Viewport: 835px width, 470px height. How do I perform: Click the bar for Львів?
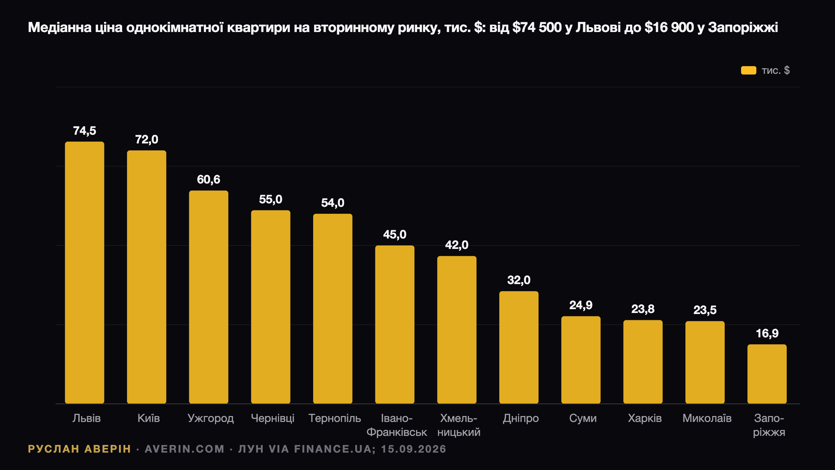85,273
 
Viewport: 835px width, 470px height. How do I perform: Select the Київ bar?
146,277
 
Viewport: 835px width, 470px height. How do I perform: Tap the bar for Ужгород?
209,297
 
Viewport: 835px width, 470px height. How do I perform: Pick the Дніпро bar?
519,347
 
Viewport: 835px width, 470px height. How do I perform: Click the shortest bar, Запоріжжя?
767,374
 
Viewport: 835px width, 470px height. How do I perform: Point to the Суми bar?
581,360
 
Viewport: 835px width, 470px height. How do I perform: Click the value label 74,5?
85,131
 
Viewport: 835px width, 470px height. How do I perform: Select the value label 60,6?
209,180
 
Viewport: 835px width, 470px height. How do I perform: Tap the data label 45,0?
395,235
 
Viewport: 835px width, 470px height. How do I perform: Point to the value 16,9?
767,334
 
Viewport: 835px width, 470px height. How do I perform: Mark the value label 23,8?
643,309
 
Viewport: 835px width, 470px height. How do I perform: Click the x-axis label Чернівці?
273,418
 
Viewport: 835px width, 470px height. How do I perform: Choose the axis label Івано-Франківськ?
397,425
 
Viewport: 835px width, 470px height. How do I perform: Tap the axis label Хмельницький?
459,425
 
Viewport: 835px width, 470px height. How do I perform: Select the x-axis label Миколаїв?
707,418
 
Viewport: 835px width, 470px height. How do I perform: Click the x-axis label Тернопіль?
335,418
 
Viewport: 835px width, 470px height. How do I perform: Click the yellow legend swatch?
749,70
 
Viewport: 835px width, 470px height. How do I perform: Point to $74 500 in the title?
537,28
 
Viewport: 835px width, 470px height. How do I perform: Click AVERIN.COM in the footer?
185,449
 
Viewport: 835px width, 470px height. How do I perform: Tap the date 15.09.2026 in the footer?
414,449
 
